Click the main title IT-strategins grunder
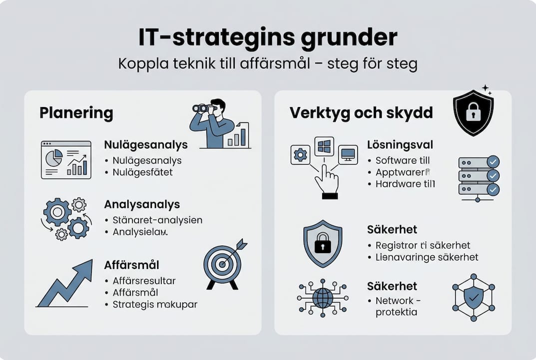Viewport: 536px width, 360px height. [x=268, y=38]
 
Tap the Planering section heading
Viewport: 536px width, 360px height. [x=76, y=113]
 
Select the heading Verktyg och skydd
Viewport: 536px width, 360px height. [x=361, y=113]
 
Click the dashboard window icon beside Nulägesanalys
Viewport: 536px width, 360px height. [x=66, y=160]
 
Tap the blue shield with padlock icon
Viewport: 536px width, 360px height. [x=323, y=243]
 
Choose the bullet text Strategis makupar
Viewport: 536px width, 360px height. [x=155, y=304]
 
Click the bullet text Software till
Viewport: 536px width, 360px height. [x=403, y=160]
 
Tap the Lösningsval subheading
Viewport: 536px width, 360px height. [x=400, y=145]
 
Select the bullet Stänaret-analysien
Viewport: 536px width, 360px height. [x=157, y=220]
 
